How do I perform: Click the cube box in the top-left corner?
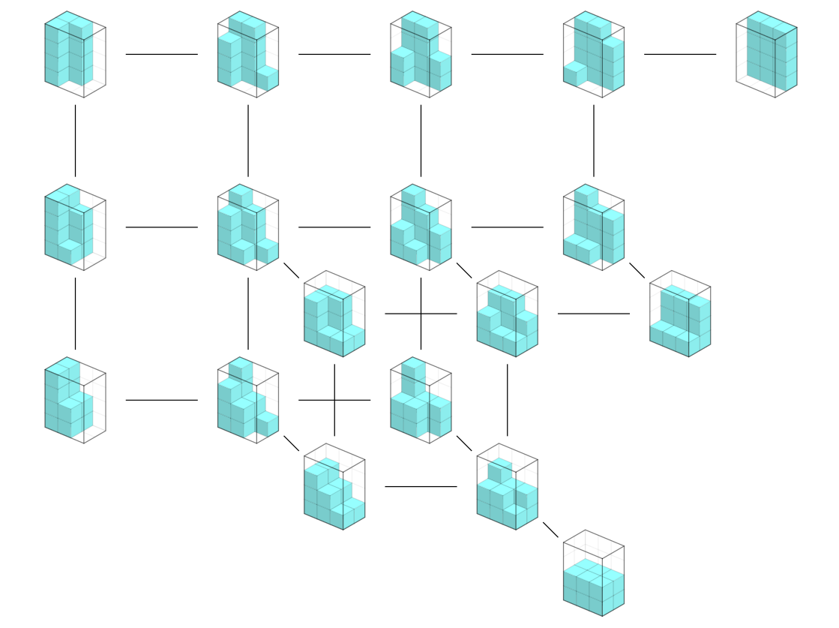(75, 54)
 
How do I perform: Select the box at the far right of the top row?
(766, 54)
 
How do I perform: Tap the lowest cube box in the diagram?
(593, 573)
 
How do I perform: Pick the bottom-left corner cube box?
(75, 400)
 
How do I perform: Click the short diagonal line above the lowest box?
(550, 530)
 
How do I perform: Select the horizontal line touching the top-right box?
(679, 54)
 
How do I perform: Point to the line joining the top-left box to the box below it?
(75, 140)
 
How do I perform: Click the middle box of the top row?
(421, 54)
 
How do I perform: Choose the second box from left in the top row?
(248, 54)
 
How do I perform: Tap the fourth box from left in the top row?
(593, 54)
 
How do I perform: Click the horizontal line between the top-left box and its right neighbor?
(161, 54)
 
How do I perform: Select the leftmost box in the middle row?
(75, 227)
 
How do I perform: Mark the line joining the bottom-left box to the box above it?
(75, 314)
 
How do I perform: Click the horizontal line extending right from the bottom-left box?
(161, 400)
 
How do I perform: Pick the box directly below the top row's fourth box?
(593, 227)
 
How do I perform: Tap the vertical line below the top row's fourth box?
(593, 140)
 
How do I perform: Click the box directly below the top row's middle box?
(421, 227)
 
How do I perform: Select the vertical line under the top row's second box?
(248, 140)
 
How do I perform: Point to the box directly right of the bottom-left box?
(248, 400)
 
